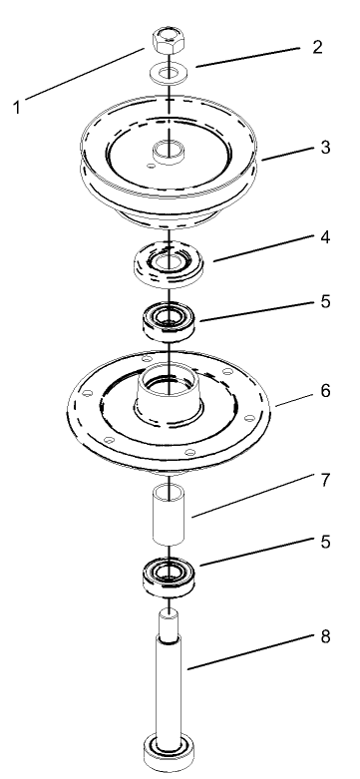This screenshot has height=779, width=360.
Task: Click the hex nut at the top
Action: point(167,42)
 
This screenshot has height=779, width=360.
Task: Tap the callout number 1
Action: point(17,107)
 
